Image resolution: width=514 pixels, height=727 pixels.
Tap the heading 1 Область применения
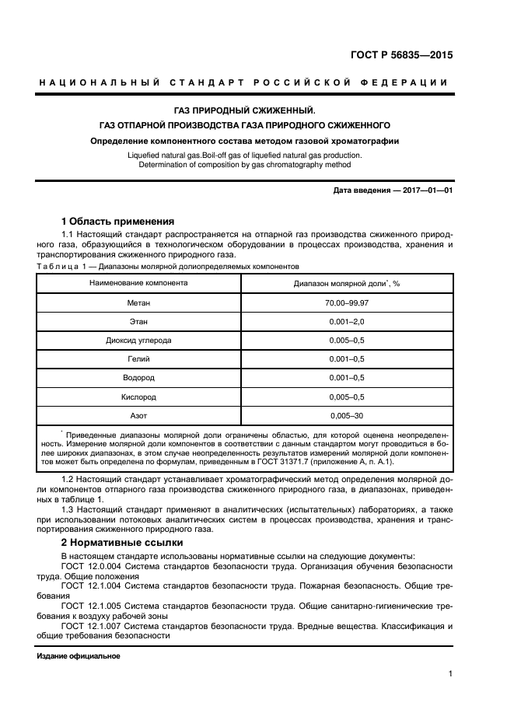coord(117,221)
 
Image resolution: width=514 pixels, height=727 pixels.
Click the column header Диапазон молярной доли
coord(346,283)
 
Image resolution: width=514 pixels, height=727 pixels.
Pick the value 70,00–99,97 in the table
coord(347,302)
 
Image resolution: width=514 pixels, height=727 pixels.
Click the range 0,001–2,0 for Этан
coord(347,320)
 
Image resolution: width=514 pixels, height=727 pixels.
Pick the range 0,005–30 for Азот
coord(347,416)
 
